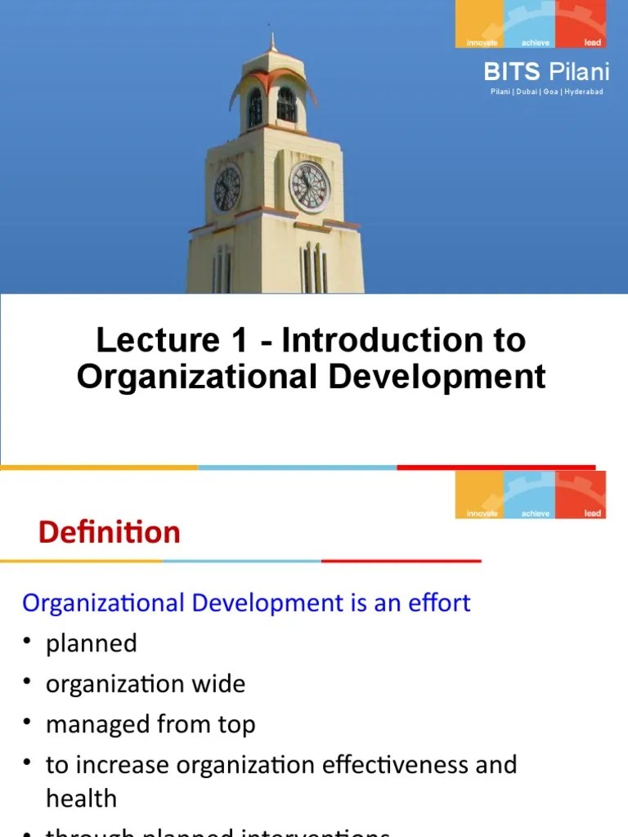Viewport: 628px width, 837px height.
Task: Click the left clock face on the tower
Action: point(227,188)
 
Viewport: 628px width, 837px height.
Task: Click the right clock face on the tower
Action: point(310,186)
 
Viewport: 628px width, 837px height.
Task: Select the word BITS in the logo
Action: point(512,73)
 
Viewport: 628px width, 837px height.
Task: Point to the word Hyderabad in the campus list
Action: point(584,92)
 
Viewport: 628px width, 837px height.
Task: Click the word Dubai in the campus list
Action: point(528,92)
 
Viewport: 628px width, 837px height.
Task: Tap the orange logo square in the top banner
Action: point(480,24)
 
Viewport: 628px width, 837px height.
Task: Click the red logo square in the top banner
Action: point(581,24)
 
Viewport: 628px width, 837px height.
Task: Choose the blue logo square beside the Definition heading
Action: point(530,495)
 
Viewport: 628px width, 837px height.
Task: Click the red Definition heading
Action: point(110,533)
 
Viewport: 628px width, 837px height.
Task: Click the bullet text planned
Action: point(92,643)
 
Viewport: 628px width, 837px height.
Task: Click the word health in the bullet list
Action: point(81,798)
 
